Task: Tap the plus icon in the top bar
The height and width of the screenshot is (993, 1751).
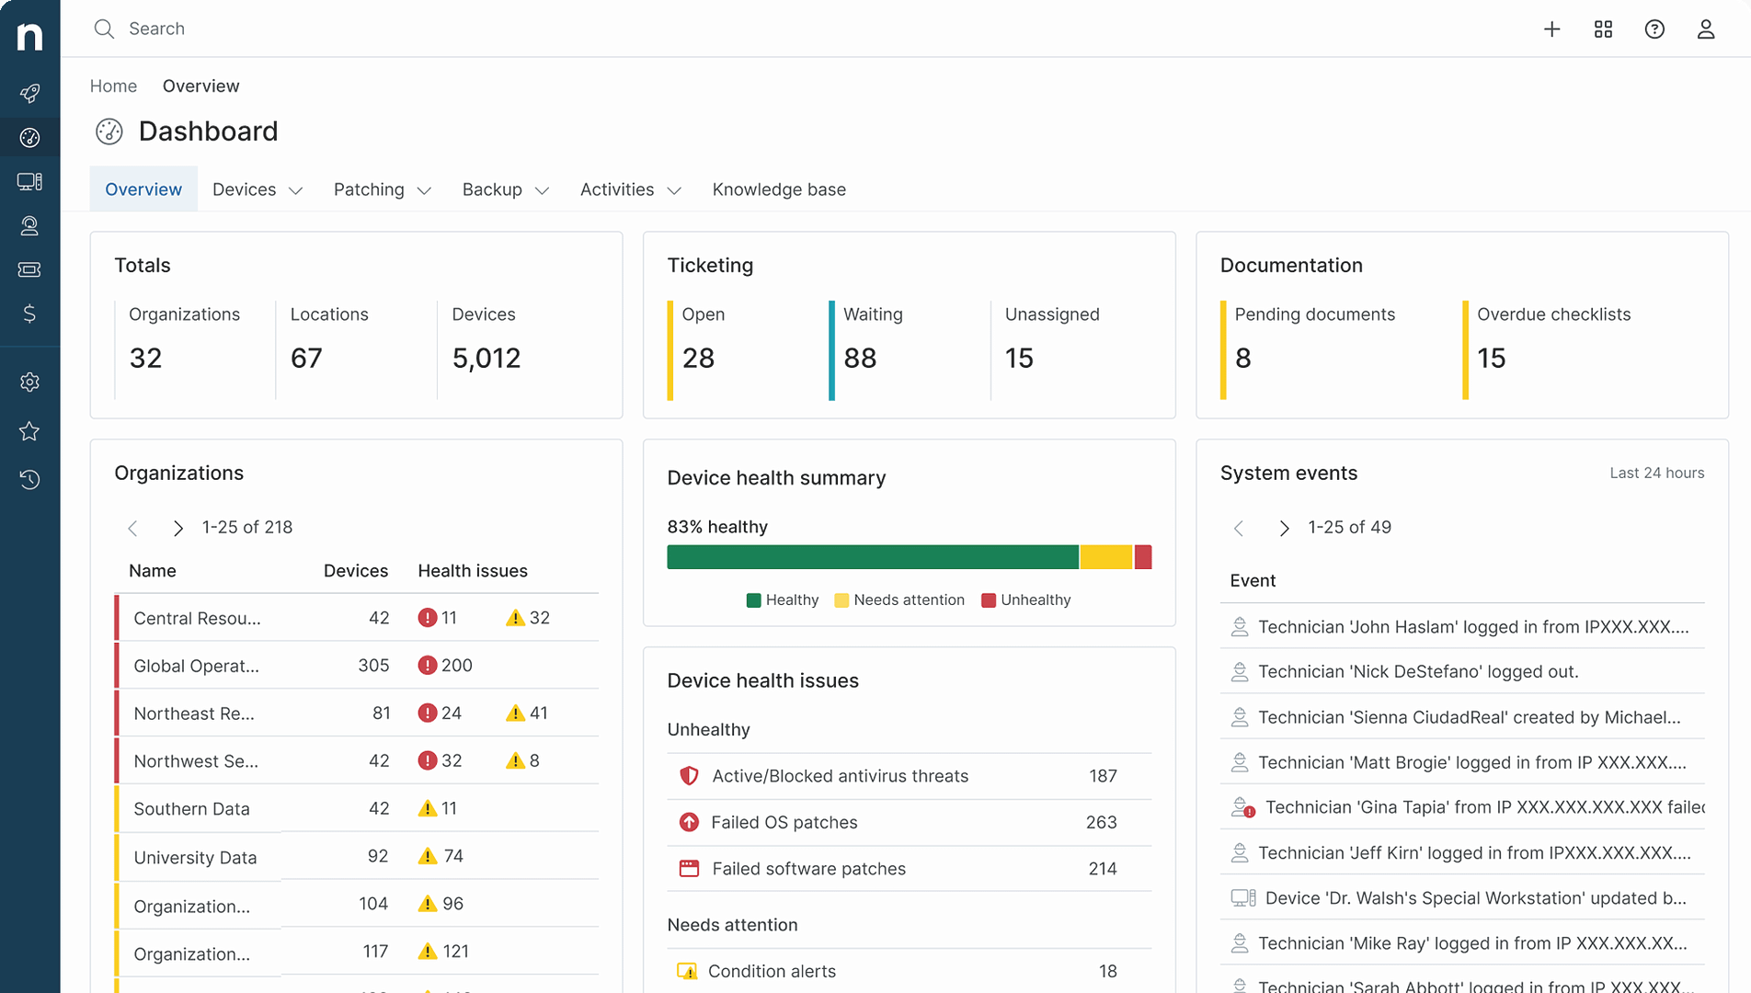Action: point(1551,29)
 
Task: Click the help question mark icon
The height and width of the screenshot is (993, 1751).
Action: point(1654,29)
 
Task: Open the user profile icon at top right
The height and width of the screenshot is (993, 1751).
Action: point(1706,29)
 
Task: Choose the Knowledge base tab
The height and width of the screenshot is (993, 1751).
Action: point(779,189)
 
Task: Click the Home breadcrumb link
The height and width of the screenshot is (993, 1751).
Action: point(113,86)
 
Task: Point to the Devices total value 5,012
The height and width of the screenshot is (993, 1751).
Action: point(486,358)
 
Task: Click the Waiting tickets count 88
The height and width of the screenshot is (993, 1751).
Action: point(860,358)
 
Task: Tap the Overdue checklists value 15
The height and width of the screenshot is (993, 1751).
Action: point(1492,358)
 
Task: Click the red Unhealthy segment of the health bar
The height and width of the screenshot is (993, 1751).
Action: point(1143,557)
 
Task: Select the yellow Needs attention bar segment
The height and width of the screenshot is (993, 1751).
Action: point(1106,557)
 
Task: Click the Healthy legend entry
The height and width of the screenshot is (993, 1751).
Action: point(783,600)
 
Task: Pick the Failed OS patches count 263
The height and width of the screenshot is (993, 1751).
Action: point(1101,822)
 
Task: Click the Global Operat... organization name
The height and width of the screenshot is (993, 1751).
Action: point(196,666)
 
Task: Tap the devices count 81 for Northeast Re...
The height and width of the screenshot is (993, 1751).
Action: point(381,713)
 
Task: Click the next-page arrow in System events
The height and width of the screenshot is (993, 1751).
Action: point(1285,528)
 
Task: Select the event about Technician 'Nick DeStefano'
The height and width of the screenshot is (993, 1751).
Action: point(1418,672)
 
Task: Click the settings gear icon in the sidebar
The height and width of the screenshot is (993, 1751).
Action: point(29,382)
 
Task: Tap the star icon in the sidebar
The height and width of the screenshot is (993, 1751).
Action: point(29,430)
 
